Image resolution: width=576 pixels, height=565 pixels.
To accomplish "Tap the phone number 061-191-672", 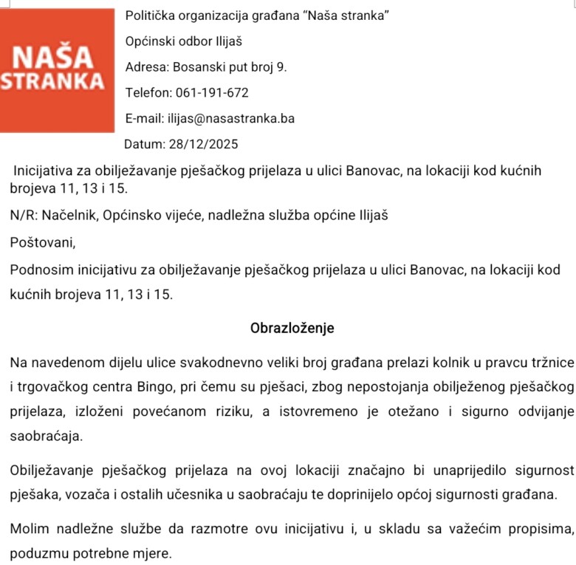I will pyautogui.click(x=212, y=93).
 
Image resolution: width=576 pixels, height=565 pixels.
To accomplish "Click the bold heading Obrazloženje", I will pyautogui.click(x=292, y=328).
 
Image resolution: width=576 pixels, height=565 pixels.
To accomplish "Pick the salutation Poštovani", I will pyautogui.click(x=43, y=242).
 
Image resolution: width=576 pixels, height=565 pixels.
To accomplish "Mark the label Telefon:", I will pyautogui.click(x=148, y=93).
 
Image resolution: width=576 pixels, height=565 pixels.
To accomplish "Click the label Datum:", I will pyautogui.click(x=145, y=144).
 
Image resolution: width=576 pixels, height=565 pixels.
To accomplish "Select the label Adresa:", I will pyautogui.click(x=147, y=67).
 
